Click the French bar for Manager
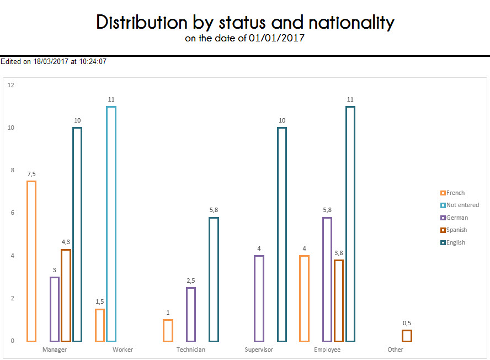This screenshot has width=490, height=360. point(31,261)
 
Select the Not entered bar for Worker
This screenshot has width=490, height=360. point(111,224)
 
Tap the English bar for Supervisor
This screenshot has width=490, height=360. point(282,234)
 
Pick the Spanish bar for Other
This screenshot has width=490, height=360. point(407,335)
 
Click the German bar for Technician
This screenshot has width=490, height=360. point(191,314)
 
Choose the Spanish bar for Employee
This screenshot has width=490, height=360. point(339,300)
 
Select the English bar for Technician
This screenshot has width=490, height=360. point(214,279)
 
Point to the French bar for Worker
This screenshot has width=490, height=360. point(100,325)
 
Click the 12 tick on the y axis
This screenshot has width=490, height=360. point(11,85)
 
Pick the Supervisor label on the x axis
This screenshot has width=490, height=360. point(259,350)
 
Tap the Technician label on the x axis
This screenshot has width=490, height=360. point(191,350)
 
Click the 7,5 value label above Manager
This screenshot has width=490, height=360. point(31,174)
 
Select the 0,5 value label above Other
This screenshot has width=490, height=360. point(407,323)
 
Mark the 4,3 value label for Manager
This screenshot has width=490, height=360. point(66,242)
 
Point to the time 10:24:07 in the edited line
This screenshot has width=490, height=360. point(93,62)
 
